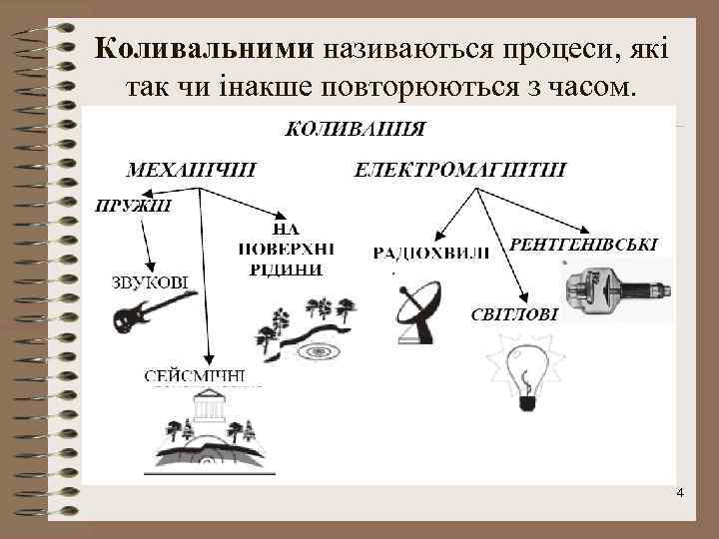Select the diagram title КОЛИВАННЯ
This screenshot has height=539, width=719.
(356, 129)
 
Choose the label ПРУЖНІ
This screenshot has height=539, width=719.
(133, 208)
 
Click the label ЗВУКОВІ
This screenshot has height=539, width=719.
(150, 281)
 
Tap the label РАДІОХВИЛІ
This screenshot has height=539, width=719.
(431, 254)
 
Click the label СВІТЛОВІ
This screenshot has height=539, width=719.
(514, 313)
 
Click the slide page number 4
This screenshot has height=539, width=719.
(680, 494)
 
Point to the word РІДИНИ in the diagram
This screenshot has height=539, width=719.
(288, 269)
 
